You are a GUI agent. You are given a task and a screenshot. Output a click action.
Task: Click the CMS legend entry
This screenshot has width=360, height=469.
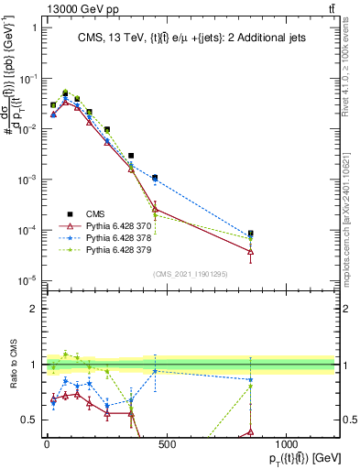[x=96, y=213]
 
